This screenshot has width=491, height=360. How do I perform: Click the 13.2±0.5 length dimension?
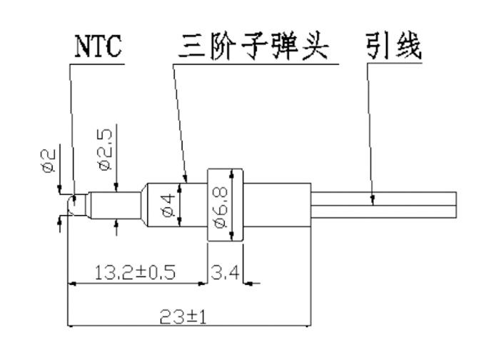pyautogui.click(x=136, y=272)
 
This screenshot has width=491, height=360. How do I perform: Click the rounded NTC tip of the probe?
pyautogui.click(x=74, y=206)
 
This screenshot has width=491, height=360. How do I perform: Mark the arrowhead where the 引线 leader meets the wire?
pyautogui.click(x=372, y=202)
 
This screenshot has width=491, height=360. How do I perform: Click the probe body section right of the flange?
pyautogui.click(x=278, y=204)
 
